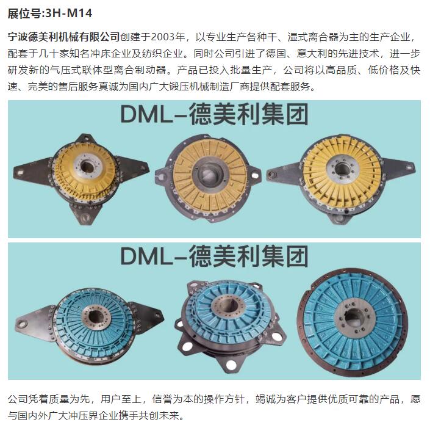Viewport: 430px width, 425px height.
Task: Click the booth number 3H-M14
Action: coord(68,13)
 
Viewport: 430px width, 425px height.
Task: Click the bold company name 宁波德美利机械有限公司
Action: coord(63,37)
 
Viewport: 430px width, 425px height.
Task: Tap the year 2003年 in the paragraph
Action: coord(168,37)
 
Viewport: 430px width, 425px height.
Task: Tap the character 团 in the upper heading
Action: coord(297,114)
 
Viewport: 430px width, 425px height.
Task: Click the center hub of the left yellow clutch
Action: coord(87,166)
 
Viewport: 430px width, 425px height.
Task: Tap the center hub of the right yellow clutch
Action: coord(342,168)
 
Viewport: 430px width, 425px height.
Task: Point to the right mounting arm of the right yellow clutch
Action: coord(399,167)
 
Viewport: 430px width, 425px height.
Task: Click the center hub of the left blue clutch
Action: coord(96,316)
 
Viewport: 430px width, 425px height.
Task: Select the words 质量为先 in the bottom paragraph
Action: coord(70,399)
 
